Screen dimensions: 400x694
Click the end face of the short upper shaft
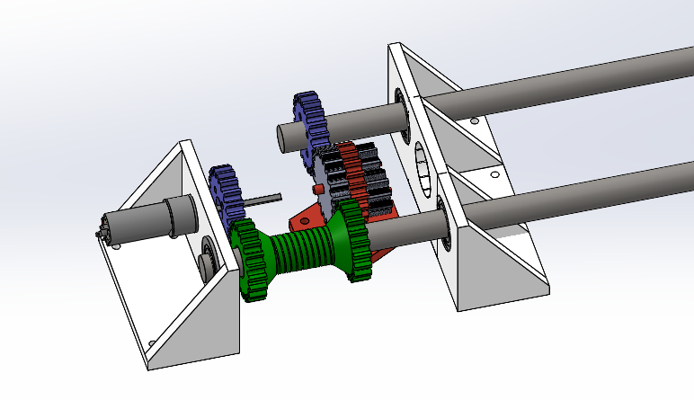(284, 135)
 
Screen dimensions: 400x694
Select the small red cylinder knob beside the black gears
(316, 190)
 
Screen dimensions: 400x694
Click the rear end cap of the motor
(102, 236)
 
